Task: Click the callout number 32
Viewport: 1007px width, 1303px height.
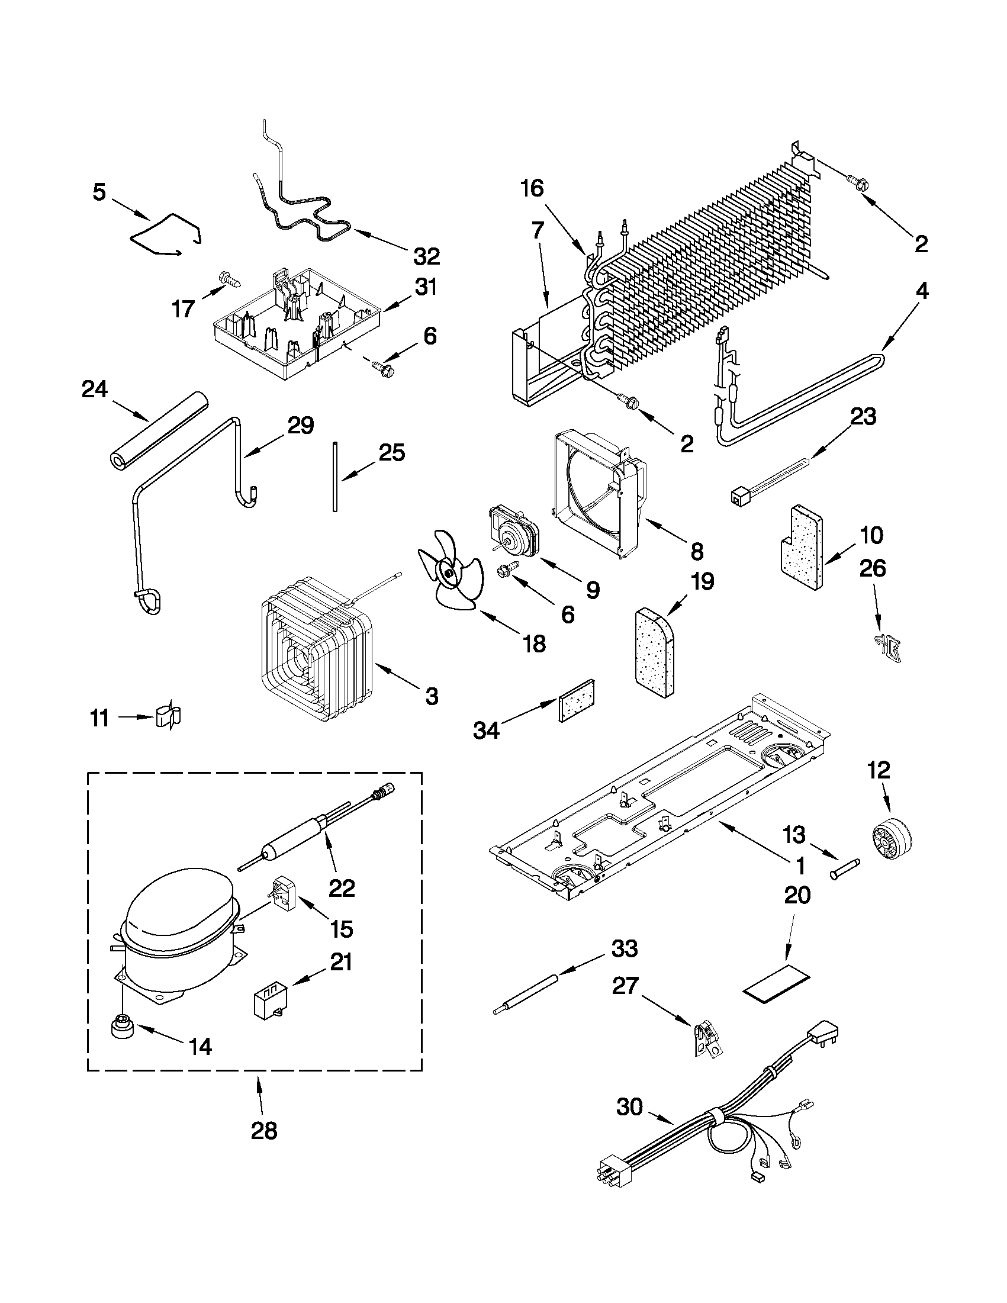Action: click(427, 256)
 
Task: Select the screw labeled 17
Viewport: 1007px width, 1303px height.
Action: click(226, 278)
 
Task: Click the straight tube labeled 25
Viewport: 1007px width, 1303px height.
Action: click(336, 476)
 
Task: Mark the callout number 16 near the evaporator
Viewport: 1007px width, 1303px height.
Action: click(532, 189)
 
